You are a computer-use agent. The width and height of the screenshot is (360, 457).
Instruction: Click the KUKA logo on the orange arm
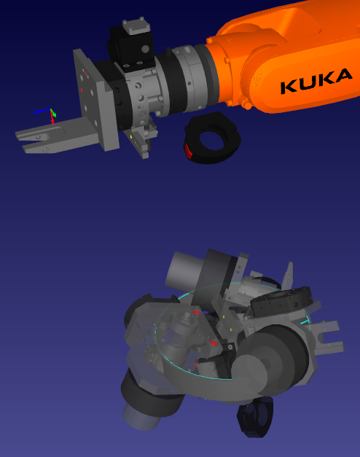tap(316, 81)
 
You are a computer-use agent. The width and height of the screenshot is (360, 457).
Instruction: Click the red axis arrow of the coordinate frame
tap(52, 118)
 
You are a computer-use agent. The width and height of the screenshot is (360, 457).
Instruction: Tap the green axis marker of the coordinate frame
tap(53, 113)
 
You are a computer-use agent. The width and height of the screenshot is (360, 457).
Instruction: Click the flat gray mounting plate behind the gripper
tap(95, 99)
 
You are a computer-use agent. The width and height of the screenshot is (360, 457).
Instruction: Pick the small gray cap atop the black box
tap(136, 26)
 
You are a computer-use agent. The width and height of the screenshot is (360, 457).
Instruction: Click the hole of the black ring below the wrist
tap(212, 141)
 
